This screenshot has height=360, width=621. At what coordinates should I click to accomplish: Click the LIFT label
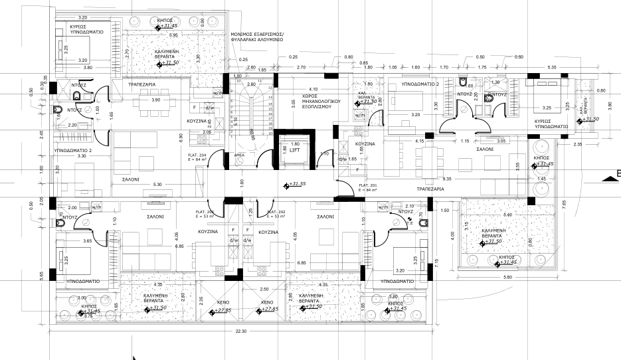click(x=296, y=151)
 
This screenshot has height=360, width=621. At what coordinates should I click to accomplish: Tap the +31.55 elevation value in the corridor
click(x=296, y=185)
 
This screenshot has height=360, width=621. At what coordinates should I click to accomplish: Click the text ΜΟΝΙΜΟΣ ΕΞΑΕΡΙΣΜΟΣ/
click(x=258, y=33)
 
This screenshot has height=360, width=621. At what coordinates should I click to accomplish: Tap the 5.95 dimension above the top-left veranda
click(x=173, y=35)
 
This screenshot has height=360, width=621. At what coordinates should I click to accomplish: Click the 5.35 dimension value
click(x=552, y=67)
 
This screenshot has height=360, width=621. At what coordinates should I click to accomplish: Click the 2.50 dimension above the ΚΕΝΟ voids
click(x=263, y=289)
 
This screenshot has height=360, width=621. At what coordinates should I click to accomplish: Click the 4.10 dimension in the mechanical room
click(x=312, y=88)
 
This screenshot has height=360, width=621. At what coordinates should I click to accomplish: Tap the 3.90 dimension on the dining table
click(x=156, y=100)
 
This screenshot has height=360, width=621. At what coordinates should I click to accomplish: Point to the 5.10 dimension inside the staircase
click(x=235, y=120)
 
